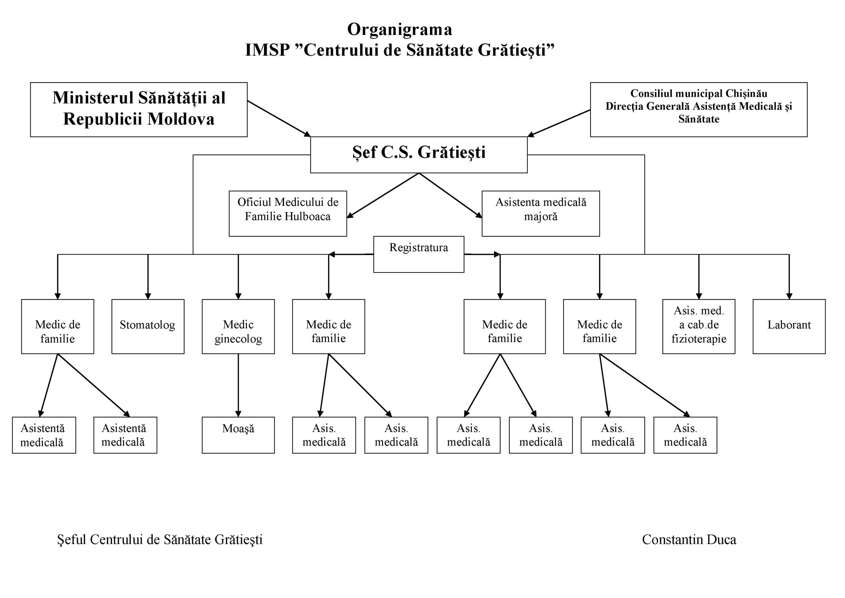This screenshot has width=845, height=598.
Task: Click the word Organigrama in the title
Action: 399,29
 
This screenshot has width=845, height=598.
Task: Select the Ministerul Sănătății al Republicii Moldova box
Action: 139,109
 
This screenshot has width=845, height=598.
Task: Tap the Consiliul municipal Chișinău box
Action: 698,109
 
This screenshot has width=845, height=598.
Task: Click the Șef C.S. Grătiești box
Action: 419,155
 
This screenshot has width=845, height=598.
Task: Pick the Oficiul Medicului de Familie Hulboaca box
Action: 288,213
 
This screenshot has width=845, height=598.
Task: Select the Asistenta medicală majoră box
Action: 541,213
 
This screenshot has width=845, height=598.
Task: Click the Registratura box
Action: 419,254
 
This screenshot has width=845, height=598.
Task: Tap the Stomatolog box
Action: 148,326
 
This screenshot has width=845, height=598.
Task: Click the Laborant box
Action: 789,326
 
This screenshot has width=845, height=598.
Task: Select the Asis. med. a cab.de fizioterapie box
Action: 698,326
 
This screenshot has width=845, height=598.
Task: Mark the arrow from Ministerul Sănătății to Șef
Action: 279,119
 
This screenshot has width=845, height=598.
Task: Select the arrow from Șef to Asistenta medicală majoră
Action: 451,195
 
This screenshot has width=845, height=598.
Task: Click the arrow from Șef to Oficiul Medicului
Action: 383,195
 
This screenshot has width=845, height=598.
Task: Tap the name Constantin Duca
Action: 689,540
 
